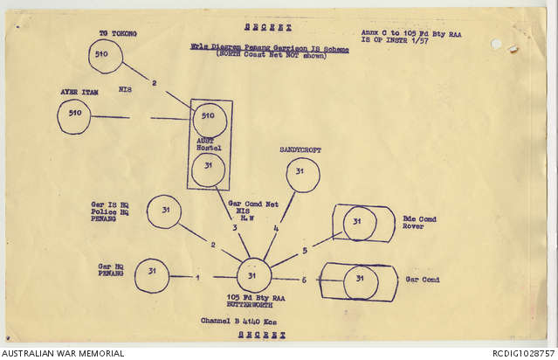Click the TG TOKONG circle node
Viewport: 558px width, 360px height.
106,56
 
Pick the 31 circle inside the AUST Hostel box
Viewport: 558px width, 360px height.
208,170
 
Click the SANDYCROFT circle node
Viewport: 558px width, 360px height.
302,175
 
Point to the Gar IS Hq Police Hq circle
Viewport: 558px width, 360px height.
164,211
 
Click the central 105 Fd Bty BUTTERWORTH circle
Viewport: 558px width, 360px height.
254,276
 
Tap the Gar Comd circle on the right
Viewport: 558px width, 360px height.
361,281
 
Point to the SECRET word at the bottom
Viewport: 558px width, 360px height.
266,335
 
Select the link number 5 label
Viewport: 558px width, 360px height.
305,250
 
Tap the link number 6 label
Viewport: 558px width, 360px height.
304,280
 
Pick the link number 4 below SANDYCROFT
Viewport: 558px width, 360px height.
276,230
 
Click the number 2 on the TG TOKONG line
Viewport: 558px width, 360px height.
154,83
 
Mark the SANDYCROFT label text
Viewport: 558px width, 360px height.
300,150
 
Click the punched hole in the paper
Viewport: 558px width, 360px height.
496,44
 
